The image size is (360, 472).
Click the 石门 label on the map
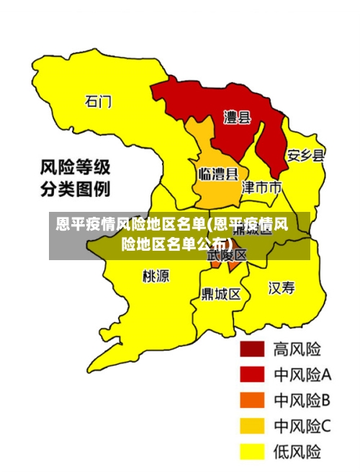pos(98,101)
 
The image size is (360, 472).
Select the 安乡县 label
pos(305,155)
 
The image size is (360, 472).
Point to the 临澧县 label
pos(217,174)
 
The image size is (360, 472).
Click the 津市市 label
pos(261,188)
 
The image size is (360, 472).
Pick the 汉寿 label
pos(282,288)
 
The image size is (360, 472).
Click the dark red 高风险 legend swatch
pos(252,349)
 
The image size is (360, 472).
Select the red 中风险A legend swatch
pos(252,375)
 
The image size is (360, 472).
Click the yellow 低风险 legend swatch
pos(252,452)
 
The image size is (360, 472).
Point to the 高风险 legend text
pos(297,349)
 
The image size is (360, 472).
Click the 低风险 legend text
pos(297,452)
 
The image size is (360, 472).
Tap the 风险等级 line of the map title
pos(74,168)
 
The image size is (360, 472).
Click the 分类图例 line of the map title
pos(74,190)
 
